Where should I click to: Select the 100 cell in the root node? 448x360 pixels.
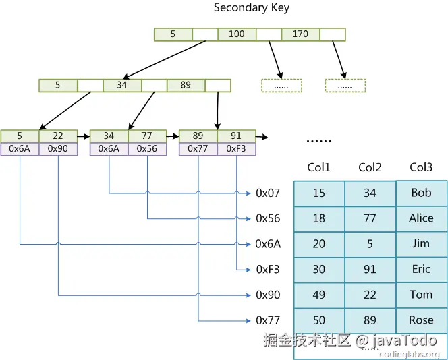tap(237, 34)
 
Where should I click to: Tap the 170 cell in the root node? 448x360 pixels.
tap(300, 34)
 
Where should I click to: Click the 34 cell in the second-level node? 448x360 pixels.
tap(122, 86)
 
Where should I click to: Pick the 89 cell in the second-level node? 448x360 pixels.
tap(186, 86)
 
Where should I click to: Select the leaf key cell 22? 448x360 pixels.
tap(58, 136)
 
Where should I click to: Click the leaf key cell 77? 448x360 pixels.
tap(147, 136)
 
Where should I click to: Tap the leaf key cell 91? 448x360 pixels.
tap(236, 136)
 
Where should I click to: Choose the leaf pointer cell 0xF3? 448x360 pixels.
tap(236, 149)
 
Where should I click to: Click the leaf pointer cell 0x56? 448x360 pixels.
tap(147, 149)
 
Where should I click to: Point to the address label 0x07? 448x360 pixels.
tap(268, 193)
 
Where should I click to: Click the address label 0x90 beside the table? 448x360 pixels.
tap(268, 295)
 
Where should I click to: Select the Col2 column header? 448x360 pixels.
tap(370, 168)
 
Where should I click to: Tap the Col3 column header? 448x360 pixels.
tap(421, 168)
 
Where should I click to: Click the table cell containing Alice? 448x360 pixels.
tap(421, 218)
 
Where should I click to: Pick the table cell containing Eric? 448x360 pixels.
tap(421, 270)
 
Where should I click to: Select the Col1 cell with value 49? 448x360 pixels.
tap(319, 295)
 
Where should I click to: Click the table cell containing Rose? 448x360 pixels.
tap(421, 320)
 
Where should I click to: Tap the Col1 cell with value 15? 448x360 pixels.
tap(319, 193)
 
